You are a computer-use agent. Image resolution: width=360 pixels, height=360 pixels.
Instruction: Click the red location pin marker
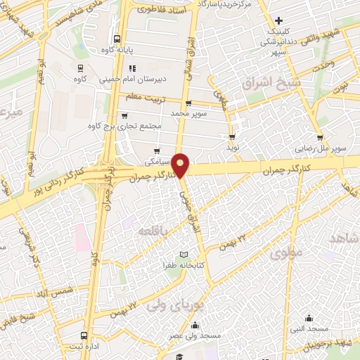coord(181,165)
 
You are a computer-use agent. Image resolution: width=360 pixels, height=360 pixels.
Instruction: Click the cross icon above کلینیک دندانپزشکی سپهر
coord(279,20)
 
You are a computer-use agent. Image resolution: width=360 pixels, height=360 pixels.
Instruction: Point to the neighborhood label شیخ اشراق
coord(265,83)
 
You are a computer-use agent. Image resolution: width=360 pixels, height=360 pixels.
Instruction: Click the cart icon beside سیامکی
coord(156,150)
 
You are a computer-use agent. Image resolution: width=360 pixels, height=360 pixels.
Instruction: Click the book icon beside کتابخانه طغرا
coord(184,254)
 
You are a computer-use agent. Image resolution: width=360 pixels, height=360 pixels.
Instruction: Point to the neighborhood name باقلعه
coord(153,231)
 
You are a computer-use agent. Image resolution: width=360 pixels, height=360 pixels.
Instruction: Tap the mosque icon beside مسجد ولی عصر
coord(195,325)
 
